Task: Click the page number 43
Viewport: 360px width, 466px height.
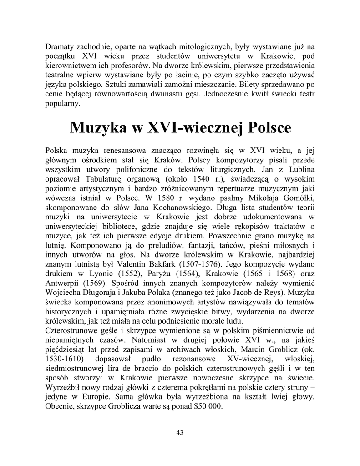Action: point(180,432)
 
